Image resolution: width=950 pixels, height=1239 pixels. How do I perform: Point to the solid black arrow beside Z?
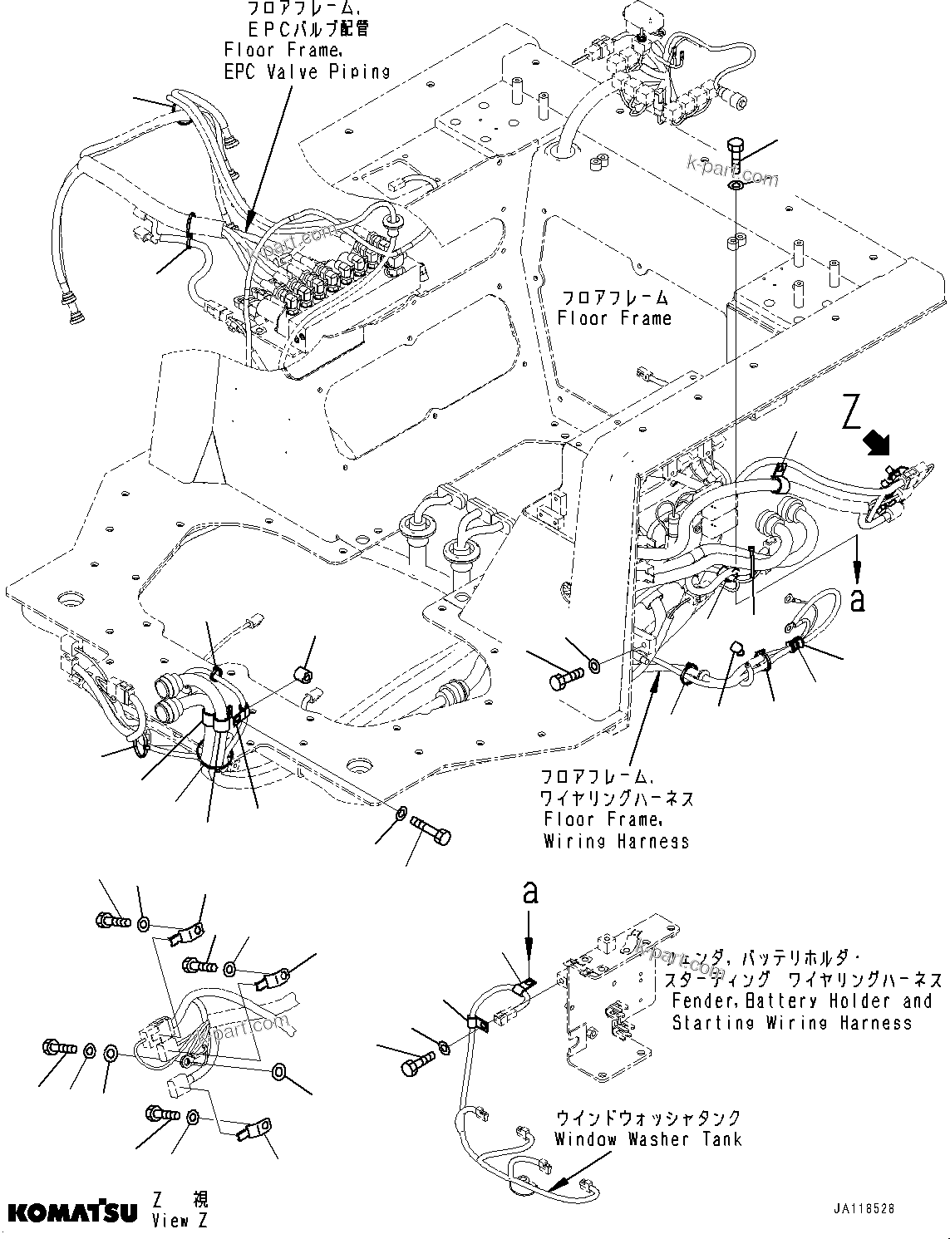point(877,444)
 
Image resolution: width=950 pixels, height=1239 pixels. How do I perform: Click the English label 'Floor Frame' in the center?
point(614,317)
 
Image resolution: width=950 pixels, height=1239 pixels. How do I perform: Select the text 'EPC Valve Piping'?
point(307,71)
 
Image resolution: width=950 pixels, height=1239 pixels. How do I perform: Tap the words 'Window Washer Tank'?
point(647,1139)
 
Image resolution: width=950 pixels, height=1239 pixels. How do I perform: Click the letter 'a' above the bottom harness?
point(529,893)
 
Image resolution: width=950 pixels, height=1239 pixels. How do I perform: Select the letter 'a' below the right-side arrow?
point(857,600)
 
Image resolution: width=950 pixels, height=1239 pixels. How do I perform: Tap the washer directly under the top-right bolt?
point(736,184)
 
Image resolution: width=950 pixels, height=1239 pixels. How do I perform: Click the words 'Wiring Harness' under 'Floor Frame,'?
point(616,841)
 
